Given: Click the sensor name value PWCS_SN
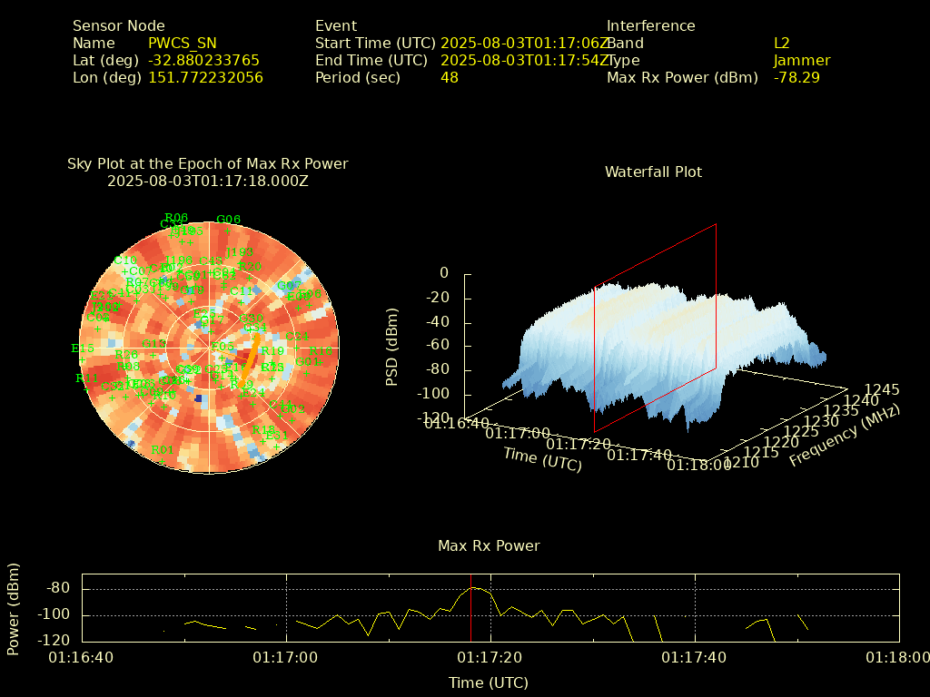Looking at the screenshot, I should [182, 44].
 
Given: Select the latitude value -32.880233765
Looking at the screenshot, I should [203, 61].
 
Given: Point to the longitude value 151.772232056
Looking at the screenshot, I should [205, 78].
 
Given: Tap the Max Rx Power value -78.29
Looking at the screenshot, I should [796, 78].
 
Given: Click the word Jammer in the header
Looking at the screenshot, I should [802, 61].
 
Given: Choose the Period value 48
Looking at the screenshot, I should [450, 78].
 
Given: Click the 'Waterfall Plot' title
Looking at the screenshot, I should [653, 172].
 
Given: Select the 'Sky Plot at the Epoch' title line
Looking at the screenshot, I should [207, 164].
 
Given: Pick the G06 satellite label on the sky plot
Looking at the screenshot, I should [228, 220].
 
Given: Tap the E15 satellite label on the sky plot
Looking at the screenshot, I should [83, 348].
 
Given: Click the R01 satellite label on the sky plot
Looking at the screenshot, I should [162, 450].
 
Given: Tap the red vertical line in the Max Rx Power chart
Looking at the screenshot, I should [470, 608].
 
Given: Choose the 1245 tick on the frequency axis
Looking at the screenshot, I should [882, 389].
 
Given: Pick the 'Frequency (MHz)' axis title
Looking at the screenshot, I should [845, 437].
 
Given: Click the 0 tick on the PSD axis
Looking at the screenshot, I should [444, 273].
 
